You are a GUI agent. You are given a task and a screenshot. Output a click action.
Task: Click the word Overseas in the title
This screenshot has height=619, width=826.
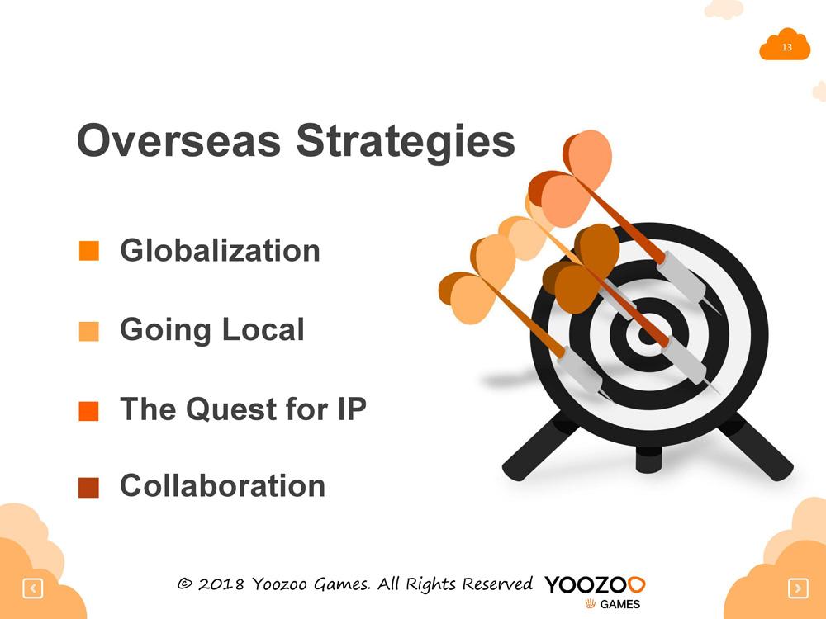click(x=179, y=140)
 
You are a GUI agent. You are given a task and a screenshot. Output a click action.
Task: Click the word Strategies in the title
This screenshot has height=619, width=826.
click(x=406, y=142)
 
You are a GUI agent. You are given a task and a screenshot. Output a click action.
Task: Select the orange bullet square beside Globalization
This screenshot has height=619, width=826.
click(x=89, y=251)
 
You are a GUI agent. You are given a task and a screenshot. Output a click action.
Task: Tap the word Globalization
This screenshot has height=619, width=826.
click(x=221, y=250)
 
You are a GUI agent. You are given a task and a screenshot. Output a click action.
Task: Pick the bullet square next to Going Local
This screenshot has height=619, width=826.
click(x=89, y=332)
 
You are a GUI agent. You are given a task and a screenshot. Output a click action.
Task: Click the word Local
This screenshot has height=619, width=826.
click(x=263, y=329)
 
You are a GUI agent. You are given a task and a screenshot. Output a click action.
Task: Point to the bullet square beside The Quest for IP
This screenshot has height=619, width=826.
click(x=89, y=411)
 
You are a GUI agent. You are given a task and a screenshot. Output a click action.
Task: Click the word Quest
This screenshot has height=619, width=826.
click(x=231, y=409)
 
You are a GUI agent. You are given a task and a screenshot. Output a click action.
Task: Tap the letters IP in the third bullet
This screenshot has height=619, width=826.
click(x=352, y=409)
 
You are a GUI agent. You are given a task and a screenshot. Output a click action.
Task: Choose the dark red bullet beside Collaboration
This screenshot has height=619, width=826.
click(x=89, y=488)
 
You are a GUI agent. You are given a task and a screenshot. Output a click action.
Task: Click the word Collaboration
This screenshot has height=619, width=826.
click(x=223, y=485)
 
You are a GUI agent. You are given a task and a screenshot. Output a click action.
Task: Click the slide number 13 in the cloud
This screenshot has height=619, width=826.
click(x=787, y=47)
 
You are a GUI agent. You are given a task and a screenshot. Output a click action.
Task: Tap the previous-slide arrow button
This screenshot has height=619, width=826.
click(x=33, y=588)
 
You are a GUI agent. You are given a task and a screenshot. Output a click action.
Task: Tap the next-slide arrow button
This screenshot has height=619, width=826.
click(x=798, y=588)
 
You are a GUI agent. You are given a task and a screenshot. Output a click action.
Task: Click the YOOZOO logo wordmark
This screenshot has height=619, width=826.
click(x=595, y=585)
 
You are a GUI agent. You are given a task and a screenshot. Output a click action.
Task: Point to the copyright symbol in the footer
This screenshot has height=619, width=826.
click(x=184, y=584)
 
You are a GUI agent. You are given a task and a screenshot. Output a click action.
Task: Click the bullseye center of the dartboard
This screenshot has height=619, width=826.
click(x=647, y=335)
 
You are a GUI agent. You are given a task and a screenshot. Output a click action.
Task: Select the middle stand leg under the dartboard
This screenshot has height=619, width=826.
click(x=648, y=459)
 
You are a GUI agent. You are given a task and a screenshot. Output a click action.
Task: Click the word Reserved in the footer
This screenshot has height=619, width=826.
click(x=498, y=584)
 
